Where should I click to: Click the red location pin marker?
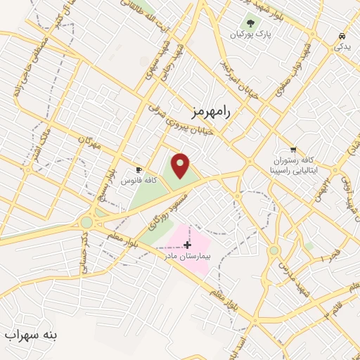(181, 165)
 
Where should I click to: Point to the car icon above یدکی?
(342, 35)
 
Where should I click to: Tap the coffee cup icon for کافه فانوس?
(139, 170)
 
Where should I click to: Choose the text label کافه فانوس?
(139, 181)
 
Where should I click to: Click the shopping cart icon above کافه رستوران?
(293, 150)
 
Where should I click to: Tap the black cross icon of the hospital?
(186, 245)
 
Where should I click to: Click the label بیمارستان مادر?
(188, 256)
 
